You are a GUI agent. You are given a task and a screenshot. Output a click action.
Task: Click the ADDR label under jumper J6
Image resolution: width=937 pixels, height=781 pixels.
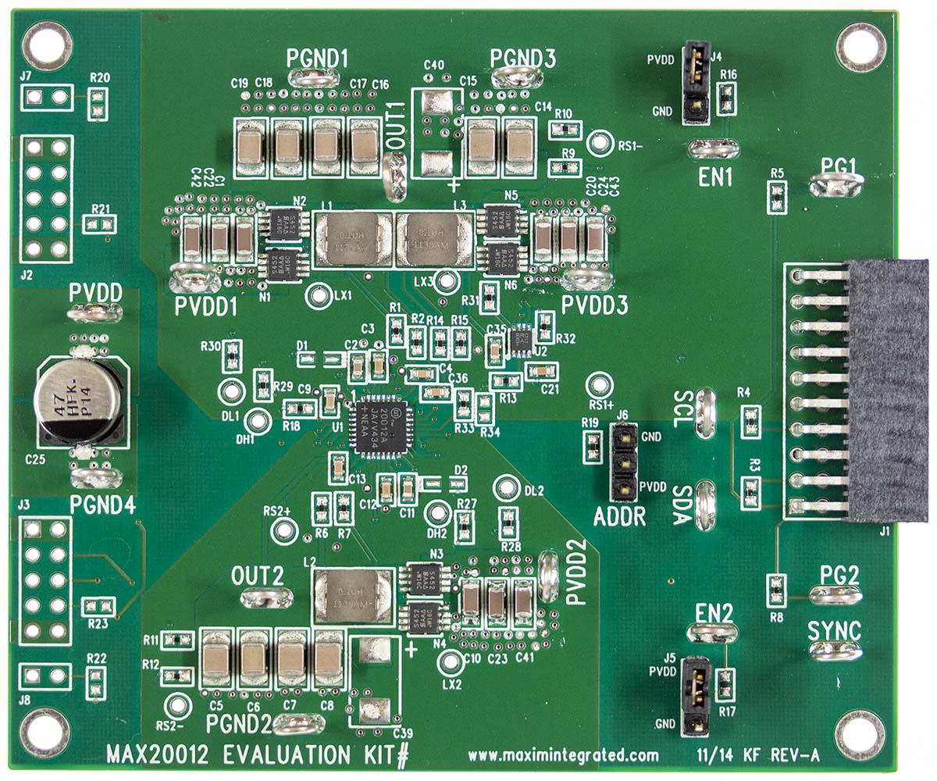619,516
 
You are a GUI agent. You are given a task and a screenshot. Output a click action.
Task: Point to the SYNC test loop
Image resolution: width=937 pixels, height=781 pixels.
835,650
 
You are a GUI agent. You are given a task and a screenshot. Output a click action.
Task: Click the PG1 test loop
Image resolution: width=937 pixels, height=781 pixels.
836,185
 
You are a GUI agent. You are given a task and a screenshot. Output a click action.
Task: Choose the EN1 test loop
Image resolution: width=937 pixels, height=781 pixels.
714,148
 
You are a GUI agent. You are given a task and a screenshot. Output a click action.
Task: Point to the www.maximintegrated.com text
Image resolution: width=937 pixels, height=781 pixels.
563,755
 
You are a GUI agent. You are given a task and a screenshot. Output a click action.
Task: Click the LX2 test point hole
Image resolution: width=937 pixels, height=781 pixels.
449,664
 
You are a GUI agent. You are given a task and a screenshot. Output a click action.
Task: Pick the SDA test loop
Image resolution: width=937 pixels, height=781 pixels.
705,505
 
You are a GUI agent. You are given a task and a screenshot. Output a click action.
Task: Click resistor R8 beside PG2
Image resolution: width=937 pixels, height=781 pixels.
776,590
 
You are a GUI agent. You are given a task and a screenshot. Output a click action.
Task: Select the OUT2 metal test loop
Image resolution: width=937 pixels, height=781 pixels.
267,598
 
